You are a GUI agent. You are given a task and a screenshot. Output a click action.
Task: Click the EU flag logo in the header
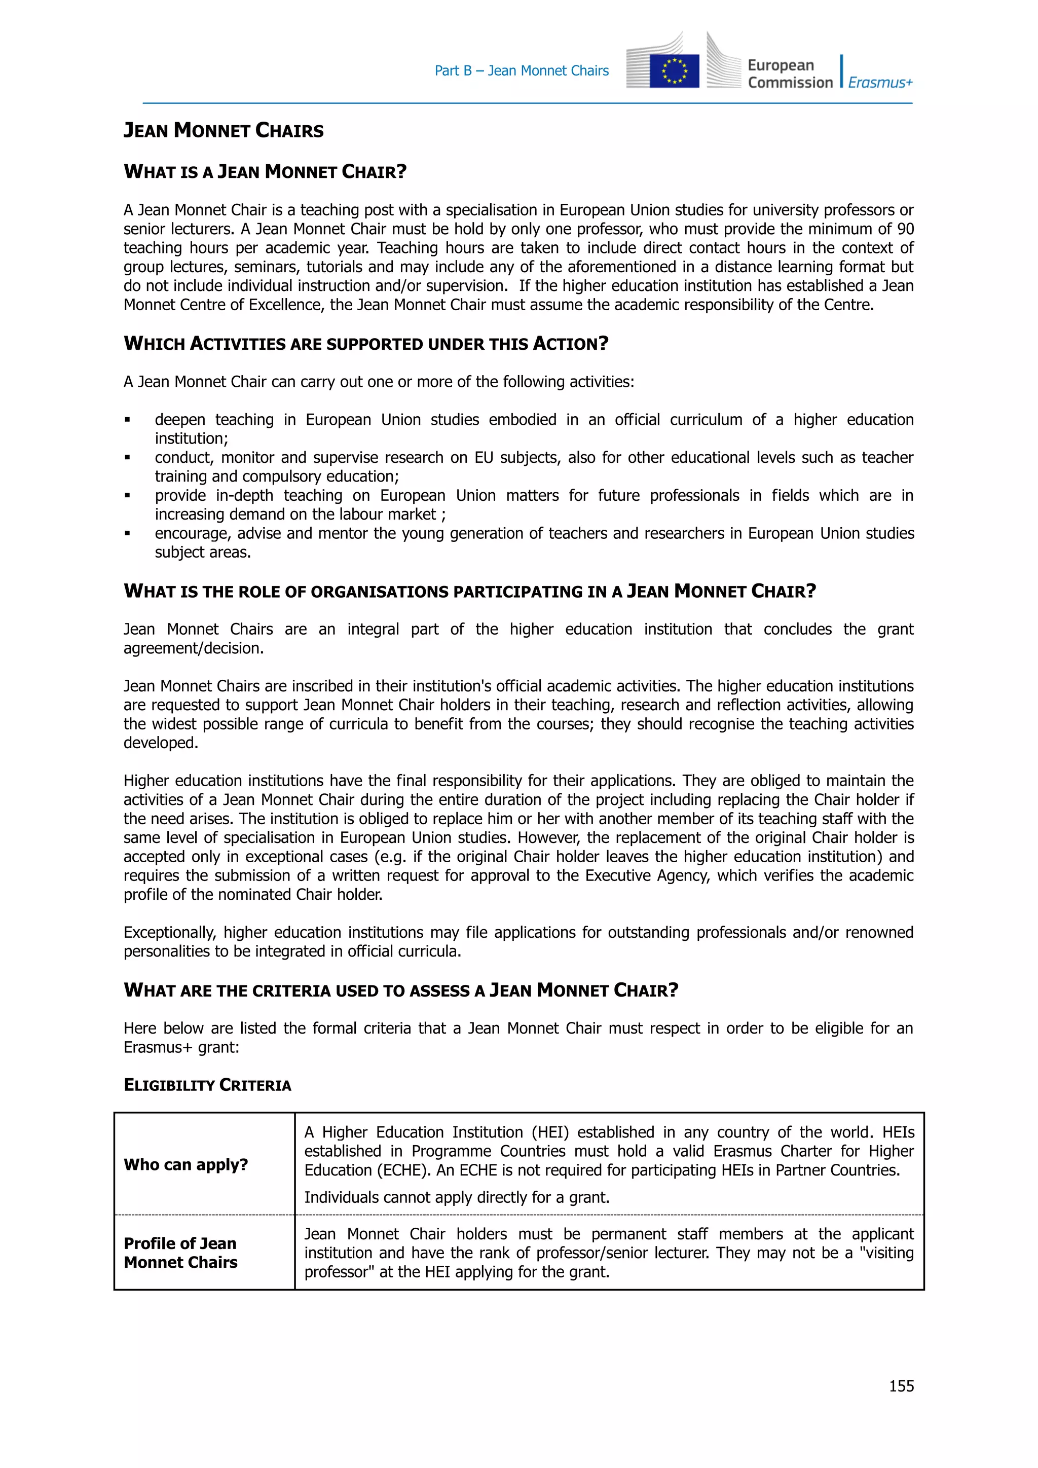(x=674, y=70)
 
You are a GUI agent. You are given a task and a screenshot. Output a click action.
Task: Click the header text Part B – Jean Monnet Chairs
(x=522, y=71)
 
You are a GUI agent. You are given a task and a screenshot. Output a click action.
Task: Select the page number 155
(x=901, y=1385)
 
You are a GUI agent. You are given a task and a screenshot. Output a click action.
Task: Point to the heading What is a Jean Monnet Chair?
(x=265, y=171)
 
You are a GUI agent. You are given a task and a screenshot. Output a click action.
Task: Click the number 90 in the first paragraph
(x=905, y=229)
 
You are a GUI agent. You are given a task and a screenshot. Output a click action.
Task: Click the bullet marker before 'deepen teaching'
(x=128, y=420)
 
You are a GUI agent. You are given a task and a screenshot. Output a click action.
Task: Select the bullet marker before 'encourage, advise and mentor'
(x=128, y=534)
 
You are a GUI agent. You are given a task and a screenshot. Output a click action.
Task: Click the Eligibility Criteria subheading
(x=207, y=1085)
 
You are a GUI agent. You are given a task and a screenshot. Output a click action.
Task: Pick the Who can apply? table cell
(x=186, y=1164)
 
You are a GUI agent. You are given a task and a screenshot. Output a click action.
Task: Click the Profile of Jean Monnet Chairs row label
(x=181, y=1253)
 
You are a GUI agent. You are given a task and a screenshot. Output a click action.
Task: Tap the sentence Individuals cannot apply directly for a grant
(x=456, y=1197)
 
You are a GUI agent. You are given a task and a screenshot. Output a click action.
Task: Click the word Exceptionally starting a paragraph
(x=169, y=933)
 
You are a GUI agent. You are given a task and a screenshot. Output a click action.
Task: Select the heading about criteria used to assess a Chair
(x=401, y=990)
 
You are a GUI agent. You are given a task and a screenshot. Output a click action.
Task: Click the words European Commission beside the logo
(x=790, y=74)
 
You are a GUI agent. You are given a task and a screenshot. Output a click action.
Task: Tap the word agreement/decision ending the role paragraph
(x=193, y=648)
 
